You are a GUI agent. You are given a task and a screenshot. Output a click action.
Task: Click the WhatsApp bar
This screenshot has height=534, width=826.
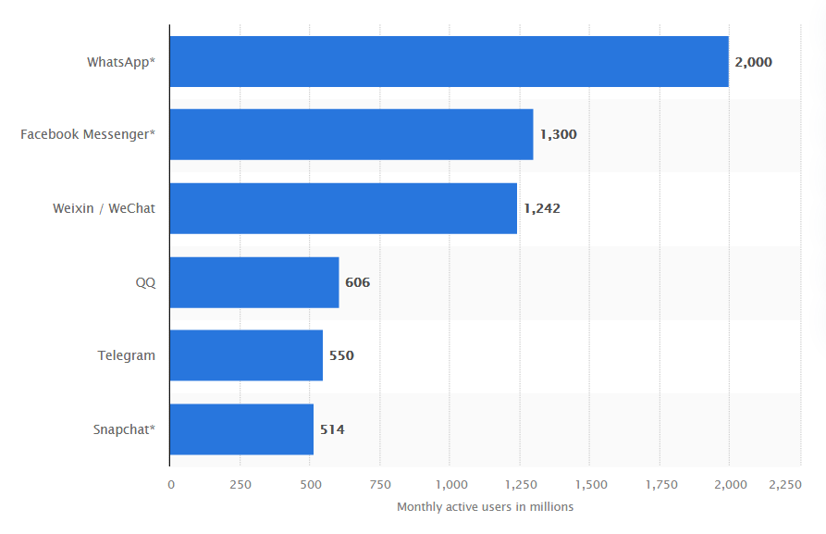[449, 61]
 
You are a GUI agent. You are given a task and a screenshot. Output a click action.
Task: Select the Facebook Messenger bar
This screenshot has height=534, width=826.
[351, 134]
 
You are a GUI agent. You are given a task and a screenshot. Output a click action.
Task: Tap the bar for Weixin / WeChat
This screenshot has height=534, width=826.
[343, 208]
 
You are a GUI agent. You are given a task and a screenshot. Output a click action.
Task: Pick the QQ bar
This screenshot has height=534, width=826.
[254, 282]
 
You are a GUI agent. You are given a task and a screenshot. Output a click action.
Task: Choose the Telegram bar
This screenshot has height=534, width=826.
[246, 355]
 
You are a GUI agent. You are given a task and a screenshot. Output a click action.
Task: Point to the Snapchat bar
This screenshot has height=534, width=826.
[241, 429]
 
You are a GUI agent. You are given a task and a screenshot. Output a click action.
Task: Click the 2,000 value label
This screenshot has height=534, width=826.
[753, 62]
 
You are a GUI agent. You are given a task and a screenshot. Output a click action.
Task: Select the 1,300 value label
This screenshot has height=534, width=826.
[558, 135]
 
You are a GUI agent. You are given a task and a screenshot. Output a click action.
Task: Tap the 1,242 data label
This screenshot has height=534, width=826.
[542, 208]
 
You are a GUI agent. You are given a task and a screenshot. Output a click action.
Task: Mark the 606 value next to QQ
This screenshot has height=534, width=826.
[358, 282]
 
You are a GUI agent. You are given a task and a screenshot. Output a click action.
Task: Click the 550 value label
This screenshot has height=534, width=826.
[341, 355]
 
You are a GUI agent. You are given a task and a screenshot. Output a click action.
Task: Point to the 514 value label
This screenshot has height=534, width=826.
[332, 429]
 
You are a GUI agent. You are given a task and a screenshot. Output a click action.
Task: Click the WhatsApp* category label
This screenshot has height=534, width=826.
[121, 62]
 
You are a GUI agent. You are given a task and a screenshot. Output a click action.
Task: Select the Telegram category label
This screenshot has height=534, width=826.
[127, 355]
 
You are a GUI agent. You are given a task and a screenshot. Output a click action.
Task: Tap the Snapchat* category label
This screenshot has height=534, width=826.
[124, 429]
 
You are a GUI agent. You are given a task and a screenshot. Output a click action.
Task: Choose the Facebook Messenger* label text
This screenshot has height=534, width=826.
[88, 135]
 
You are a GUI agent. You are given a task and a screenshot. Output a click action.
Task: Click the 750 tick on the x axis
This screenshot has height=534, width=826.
[380, 484]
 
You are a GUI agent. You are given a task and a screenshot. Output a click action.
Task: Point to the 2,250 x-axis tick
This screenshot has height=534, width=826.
[785, 484]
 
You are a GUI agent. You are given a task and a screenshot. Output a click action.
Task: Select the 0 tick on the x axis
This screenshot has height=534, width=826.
[170, 484]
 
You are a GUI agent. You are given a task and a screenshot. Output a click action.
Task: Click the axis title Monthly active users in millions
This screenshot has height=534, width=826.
[485, 507]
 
